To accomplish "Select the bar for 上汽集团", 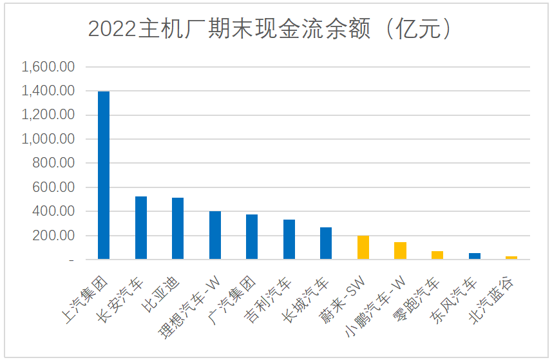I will [103, 175].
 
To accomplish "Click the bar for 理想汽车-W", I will [215, 235].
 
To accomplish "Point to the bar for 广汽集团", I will [252, 237].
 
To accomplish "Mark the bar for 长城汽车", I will [326, 243].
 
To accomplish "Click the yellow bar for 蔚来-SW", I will [363, 247].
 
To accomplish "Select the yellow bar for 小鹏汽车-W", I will [401, 251].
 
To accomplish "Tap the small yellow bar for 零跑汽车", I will [437, 255].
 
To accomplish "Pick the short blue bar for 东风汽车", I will [475, 256].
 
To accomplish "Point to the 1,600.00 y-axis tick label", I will [49, 67].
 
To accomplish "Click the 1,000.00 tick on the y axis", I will [49, 139].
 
